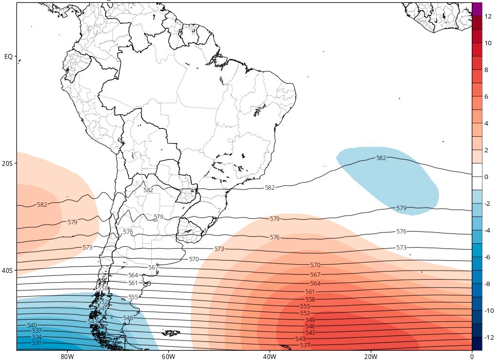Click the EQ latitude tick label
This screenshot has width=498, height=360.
pos(8,57)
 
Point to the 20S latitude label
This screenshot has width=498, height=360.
pos(7,163)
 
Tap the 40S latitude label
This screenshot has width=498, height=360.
pos(7,270)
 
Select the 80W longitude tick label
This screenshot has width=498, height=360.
pos(67,356)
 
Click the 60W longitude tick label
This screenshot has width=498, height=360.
pos(168,356)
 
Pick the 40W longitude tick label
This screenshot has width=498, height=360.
pos(269,356)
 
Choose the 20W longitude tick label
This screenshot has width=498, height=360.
pos(371,356)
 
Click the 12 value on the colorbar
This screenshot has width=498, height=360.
pos(488,16)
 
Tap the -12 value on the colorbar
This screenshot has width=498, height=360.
pos(487,337)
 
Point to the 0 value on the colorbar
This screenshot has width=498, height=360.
pos(486,177)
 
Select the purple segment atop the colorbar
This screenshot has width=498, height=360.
pos(477,9)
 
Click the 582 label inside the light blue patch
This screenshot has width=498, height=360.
pos(381,158)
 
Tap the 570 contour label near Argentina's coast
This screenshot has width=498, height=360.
pos(194,259)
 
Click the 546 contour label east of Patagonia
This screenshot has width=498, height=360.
pos(128,318)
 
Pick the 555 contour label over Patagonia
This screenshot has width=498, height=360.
pos(133,297)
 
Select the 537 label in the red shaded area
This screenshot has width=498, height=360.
pos(305,345)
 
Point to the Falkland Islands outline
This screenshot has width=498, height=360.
pos(171,333)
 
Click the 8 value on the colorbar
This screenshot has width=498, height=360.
pos(486,70)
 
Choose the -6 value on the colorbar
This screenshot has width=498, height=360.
pos(487,257)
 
